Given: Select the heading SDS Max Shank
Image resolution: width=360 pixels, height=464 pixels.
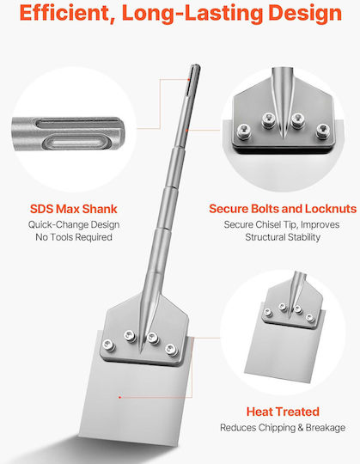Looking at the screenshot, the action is (x=74, y=209).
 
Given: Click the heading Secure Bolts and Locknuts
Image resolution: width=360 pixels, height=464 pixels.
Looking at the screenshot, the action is (x=283, y=209).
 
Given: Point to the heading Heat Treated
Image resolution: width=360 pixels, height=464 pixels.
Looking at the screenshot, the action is (x=283, y=412).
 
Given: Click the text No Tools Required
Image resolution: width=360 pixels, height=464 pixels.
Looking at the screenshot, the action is (x=74, y=237).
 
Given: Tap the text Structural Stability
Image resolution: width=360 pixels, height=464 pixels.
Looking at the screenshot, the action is (x=283, y=237).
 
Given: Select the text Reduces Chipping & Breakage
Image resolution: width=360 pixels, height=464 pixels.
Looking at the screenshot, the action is (x=283, y=428).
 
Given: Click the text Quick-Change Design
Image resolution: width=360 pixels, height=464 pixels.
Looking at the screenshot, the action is (x=74, y=224).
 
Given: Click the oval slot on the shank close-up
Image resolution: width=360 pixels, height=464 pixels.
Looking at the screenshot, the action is (x=77, y=143).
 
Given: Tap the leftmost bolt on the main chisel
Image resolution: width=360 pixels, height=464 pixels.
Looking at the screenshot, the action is (x=109, y=345).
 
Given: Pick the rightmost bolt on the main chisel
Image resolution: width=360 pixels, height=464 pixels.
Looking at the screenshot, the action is (x=171, y=350).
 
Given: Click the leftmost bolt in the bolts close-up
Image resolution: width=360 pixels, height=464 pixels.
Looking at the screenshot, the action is (x=244, y=131).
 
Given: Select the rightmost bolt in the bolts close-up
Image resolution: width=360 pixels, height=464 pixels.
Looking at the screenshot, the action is (x=323, y=131).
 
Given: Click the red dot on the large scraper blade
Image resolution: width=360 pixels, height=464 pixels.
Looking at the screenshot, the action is (x=119, y=397).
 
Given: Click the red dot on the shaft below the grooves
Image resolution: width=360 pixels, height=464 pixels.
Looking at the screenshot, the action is (x=186, y=130).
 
